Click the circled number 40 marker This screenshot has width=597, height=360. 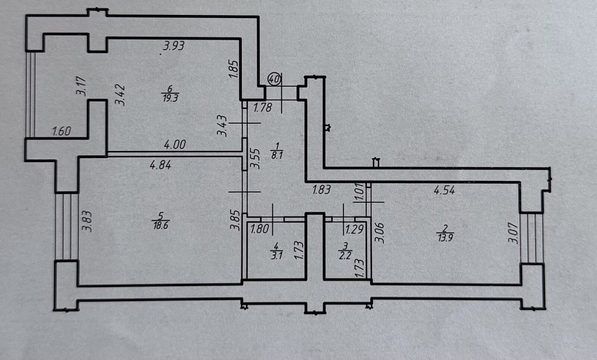coord(275,79)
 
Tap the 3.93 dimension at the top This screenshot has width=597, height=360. coord(174,46)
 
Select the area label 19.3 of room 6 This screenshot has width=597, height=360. coord(170,98)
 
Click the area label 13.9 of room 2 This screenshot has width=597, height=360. coord(445,238)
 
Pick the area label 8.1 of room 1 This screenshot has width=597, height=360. coord(277,155)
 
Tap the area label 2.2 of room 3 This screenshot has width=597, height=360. coord(345,256)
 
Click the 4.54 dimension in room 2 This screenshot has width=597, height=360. coord(444,190)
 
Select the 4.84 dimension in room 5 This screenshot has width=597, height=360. coord(160,165)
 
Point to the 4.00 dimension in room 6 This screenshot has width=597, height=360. coord(175,144)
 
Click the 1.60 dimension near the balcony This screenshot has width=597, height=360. coord(61,132)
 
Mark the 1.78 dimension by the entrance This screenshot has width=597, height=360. coord(263,107)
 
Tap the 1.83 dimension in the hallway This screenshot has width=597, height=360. coord(321,189)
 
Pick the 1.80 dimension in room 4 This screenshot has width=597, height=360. coord(260,229)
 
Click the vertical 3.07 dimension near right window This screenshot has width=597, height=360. coord(513,233)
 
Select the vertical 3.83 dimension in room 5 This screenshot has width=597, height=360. coord(87,221)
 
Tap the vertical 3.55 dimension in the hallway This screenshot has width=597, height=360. coord(255,158)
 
